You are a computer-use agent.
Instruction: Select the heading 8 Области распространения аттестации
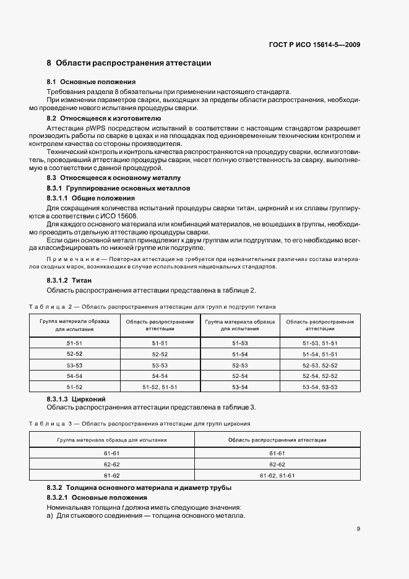coord(129,63)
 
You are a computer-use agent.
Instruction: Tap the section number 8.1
coord(52,82)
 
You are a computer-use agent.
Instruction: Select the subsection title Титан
coord(82,281)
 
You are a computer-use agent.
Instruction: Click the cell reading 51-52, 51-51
coord(160,387)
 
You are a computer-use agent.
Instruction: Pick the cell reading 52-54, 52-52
coord(319,375)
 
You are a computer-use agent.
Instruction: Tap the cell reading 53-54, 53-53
coord(319,387)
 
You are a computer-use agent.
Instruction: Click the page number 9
coord(358,528)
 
